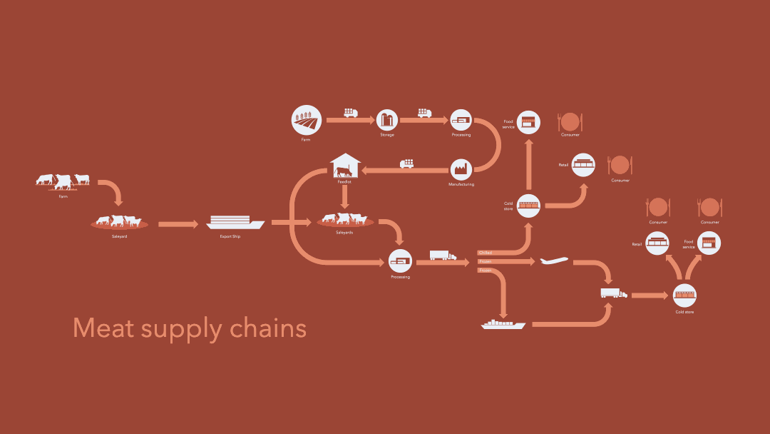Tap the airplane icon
555,261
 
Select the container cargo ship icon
503,324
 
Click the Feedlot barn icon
345,166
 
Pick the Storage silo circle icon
386,120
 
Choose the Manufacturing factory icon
461,169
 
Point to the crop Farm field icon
306,120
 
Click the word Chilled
486,253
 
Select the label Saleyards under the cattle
344,233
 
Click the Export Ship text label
230,236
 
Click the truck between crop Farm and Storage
350,113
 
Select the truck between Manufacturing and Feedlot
407,163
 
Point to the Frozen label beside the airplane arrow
486,262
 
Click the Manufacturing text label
461,184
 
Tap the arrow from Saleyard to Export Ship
178,224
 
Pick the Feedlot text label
344,182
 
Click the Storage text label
386,135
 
